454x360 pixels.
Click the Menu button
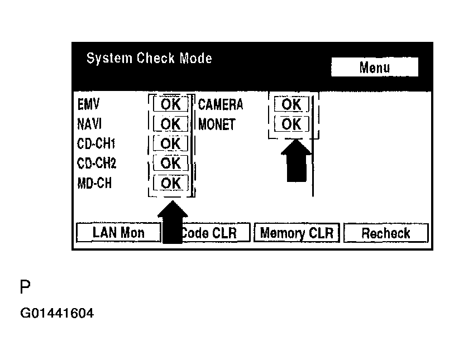point(374,68)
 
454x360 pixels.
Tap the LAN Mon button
point(118,233)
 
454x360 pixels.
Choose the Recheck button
point(385,233)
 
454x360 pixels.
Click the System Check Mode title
point(149,59)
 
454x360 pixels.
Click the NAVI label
point(89,124)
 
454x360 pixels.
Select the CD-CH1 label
point(96,143)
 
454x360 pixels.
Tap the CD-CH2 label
point(96,163)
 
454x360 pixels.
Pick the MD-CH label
point(94,183)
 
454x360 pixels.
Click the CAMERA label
point(221,104)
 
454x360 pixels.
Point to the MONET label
point(217,124)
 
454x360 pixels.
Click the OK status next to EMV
point(171,104)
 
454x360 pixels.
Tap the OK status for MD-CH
point(171,183)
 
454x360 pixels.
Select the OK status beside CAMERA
point(291,104)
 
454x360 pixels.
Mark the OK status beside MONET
point(291,124)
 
